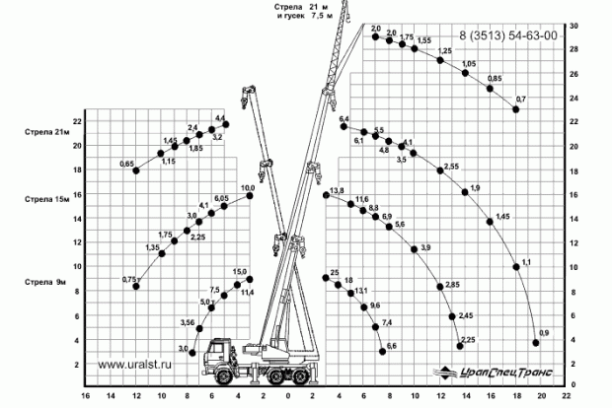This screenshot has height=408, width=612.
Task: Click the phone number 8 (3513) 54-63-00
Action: pos(508,35)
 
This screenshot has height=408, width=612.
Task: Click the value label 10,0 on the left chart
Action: pos(248,187)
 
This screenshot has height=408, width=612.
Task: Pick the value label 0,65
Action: pos(126,163)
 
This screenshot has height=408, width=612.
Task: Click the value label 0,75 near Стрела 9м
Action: pos(128,280)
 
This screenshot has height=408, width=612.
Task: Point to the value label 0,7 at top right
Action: pos(521,100)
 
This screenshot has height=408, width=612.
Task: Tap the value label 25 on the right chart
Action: pos(335,271)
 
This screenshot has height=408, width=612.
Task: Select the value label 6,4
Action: pos(344,119)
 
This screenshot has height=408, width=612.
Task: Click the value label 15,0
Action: pos(239,271)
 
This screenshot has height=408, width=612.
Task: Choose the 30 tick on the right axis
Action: pos(574,26)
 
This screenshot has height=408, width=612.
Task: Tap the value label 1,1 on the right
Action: pos(525,260)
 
